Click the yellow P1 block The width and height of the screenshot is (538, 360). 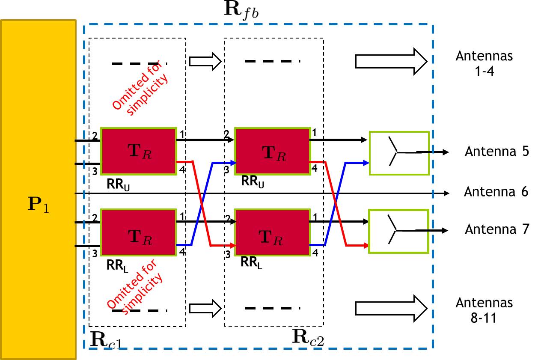[x=38, y=189]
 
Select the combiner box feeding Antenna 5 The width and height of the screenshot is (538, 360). [x=399, y=153]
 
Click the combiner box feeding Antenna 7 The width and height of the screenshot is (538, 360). [x=399, y=231]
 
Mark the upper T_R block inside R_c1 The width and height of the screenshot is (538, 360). [x=139, y=151]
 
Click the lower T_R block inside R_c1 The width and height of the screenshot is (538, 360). [x=139, y=232]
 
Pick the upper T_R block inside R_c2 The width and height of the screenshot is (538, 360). [x=273, y=151]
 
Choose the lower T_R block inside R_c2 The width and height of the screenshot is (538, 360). [x=273, y=232]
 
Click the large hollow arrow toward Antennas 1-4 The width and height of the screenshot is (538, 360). [x=391, y=61]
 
